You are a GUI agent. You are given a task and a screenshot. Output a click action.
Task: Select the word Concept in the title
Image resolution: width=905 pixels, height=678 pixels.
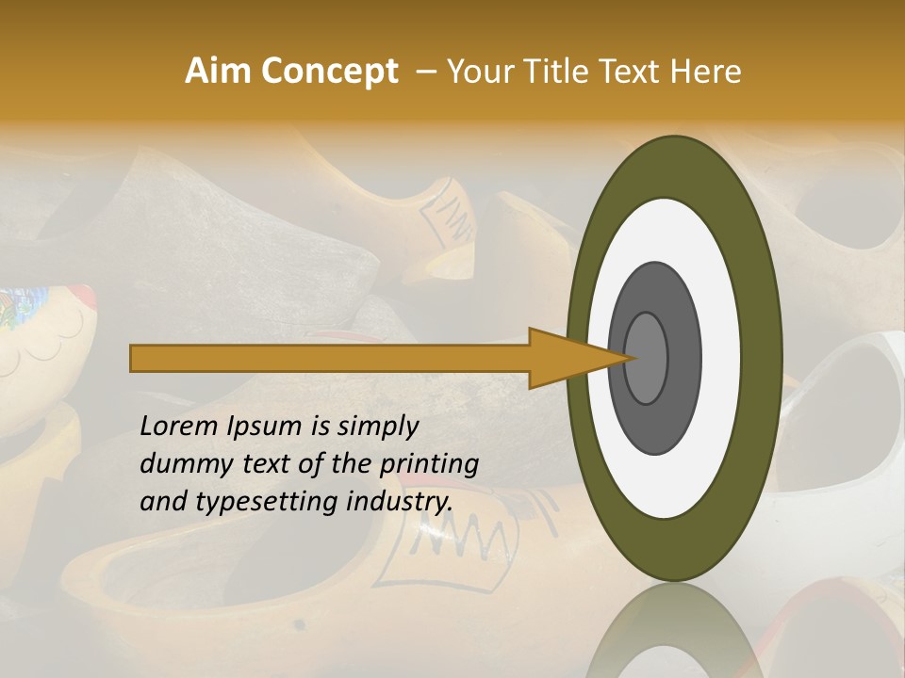330,72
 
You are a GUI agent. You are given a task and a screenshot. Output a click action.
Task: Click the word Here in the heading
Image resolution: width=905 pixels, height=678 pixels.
706,72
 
